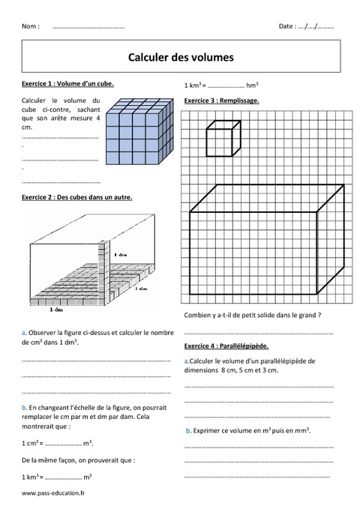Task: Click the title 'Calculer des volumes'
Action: [x=181, y=56]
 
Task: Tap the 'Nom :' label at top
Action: [x=31, y=26]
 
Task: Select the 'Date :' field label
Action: [x=287, y=26]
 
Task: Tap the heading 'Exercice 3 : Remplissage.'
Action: [x=222, y=100]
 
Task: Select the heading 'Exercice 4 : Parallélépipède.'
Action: [x=226, y=346]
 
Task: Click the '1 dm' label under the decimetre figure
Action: [x=55, y=309]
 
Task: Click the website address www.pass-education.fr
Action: [x=53, y=493]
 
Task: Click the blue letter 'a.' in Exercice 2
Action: [x=25, y=331]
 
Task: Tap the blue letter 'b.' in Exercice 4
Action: [x=187, y=431]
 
